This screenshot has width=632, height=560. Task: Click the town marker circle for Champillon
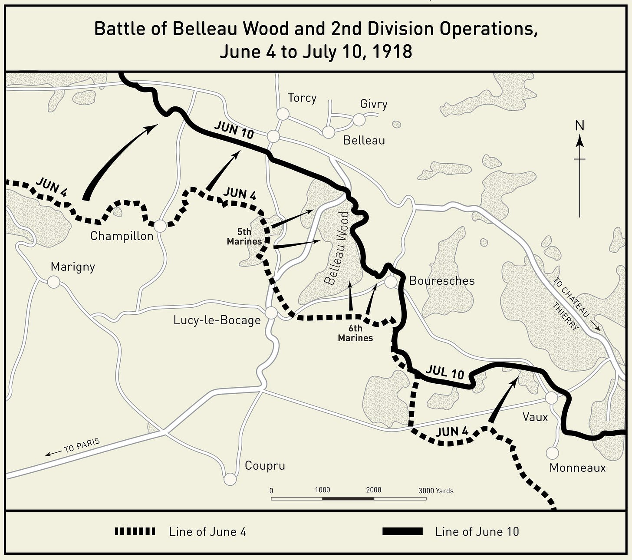pyautogui.click(x=160, y=226)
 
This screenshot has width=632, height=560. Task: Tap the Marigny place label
pyautogui.click(x=72, y=267)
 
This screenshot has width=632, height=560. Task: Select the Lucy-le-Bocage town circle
pyautogui.click(x=271, y=313)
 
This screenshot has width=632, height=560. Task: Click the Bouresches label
pyautogui.click(x=441, y=281)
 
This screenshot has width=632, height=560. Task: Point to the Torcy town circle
pyautogui.click(x=283, y=114)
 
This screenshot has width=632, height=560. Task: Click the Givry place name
pyautogui.click(x=373, y=104)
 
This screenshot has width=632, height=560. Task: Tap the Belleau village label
pyautogui.click(x=364, y=140)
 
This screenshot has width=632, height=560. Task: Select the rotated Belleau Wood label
pyautogui.click(x=337, y=248)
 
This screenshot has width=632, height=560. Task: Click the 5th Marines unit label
pyautogui.click(x=244, y=237)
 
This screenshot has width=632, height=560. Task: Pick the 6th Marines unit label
pyautogui.click(x=355, y=333)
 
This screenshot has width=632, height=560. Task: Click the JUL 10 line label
pyautogui.click(x=445, y=372)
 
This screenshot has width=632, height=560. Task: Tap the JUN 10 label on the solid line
pyautogui.click(x=234, y=130)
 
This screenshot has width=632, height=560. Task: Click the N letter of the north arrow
pyautogui.click(x=579, y=126)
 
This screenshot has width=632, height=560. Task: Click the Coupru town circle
pyautogui.click(x=230, y=479)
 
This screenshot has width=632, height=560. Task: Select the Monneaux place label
pyautogui.click(x=577, y=468)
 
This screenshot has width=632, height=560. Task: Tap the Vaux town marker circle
pyautogui.click(x=551, y=398)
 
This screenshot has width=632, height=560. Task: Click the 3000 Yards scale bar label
pyautogui.click(x=436, y=491)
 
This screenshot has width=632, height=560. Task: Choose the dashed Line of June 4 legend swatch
pyautogui.click(x=135, y=531)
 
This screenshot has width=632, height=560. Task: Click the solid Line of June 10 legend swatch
pyautogui.click(x=402, y=531)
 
